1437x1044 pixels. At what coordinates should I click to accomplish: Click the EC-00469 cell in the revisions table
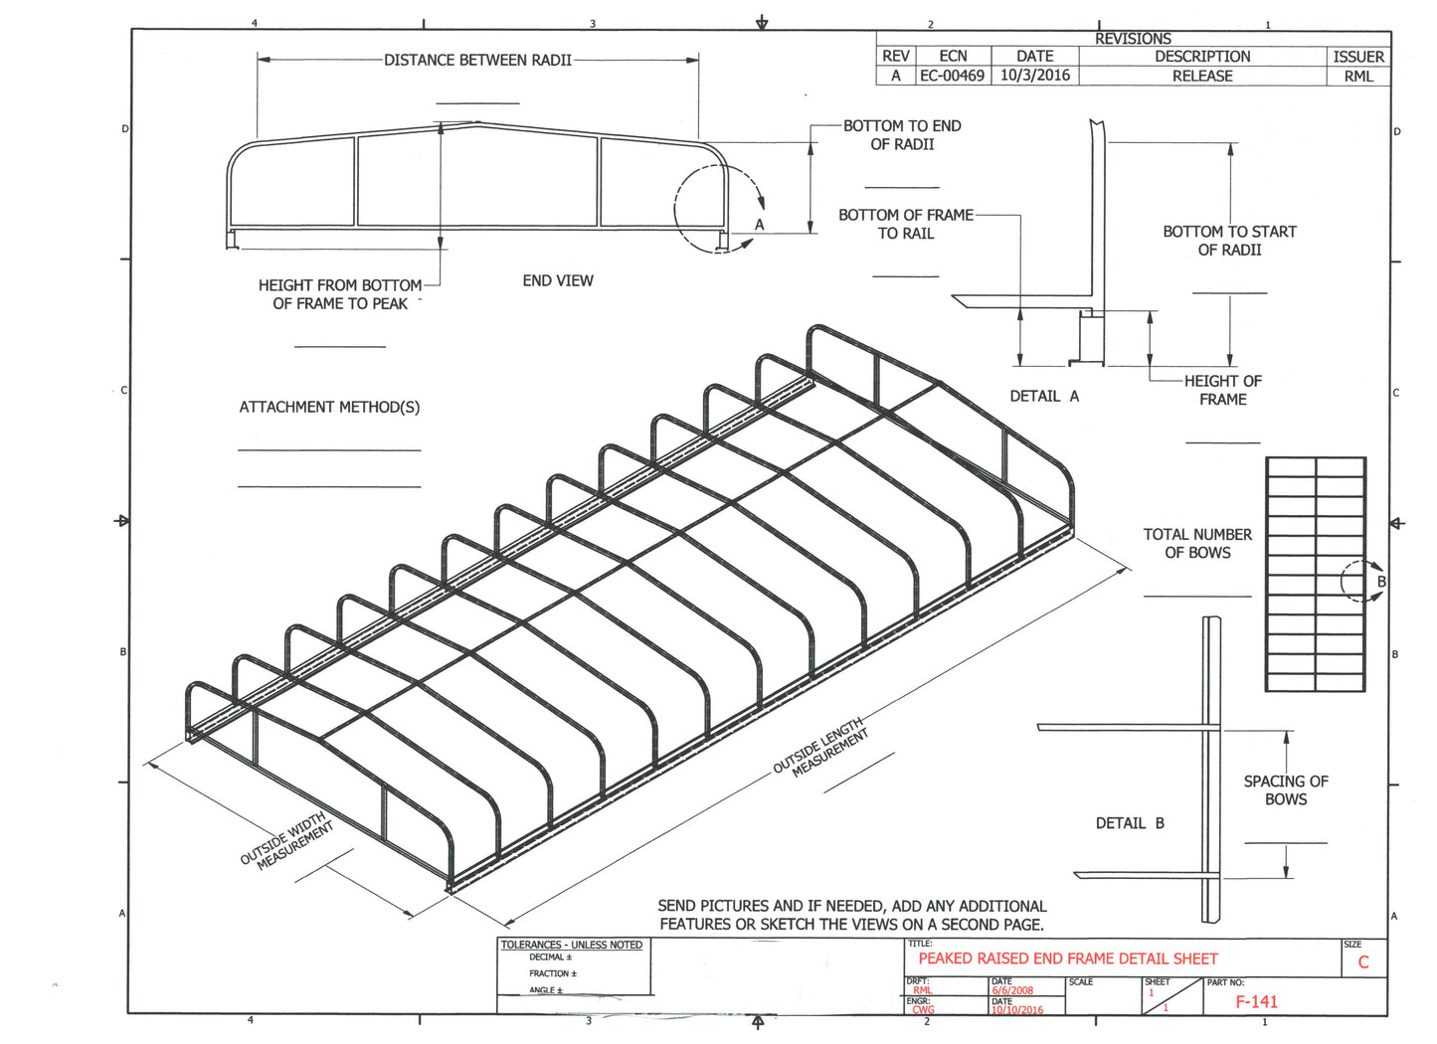pos(952,76)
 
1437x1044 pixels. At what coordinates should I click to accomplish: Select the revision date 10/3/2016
pos(1034,76)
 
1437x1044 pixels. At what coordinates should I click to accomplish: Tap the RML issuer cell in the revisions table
pos(1357,76)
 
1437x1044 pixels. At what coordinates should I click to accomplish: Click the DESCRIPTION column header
pos(1201,57)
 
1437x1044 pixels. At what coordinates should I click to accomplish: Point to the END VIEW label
pos(558,281)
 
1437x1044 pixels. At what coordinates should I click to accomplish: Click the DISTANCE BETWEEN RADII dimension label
pos(477,61)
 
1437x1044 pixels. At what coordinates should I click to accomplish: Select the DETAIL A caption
pos(1044,396)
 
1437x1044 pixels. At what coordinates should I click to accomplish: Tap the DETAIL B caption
pos(1130,823)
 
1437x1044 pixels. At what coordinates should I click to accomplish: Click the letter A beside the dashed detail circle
pos(759,225)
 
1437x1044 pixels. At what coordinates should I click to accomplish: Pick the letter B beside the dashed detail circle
pos(1380,582)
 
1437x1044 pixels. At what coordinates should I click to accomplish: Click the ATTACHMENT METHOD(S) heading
pos(329,407)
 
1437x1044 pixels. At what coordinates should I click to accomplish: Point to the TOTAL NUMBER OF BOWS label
pos(1197,543)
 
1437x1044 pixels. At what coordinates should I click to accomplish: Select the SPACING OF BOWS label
pos(1285,790)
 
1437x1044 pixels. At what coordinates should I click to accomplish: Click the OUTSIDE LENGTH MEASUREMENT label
pos(821,746)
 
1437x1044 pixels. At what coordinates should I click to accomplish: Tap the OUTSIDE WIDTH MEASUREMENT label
pos(287,841)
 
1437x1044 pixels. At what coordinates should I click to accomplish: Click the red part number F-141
pos(1256,1002)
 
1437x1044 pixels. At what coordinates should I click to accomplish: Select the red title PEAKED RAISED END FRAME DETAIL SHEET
pos(1067,959)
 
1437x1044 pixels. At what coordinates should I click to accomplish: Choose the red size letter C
pos(1363,962)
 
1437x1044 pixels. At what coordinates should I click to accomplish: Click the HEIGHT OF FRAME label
pos(1222,390)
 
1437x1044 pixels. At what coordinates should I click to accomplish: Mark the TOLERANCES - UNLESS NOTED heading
pos(571,945)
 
